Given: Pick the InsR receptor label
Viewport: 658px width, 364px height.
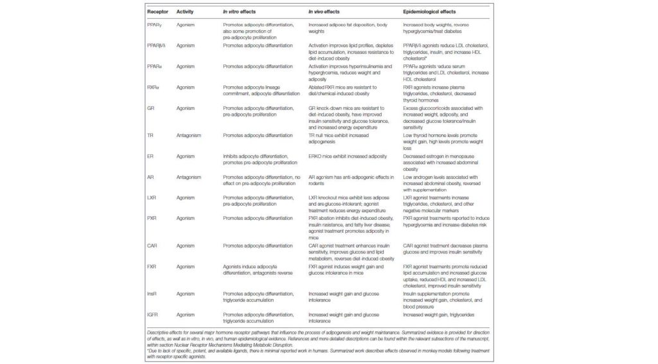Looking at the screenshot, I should (154, 293).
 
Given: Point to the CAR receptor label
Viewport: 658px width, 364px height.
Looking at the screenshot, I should (153, 246).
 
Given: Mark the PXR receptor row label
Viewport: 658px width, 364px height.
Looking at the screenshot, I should (153, 218).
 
